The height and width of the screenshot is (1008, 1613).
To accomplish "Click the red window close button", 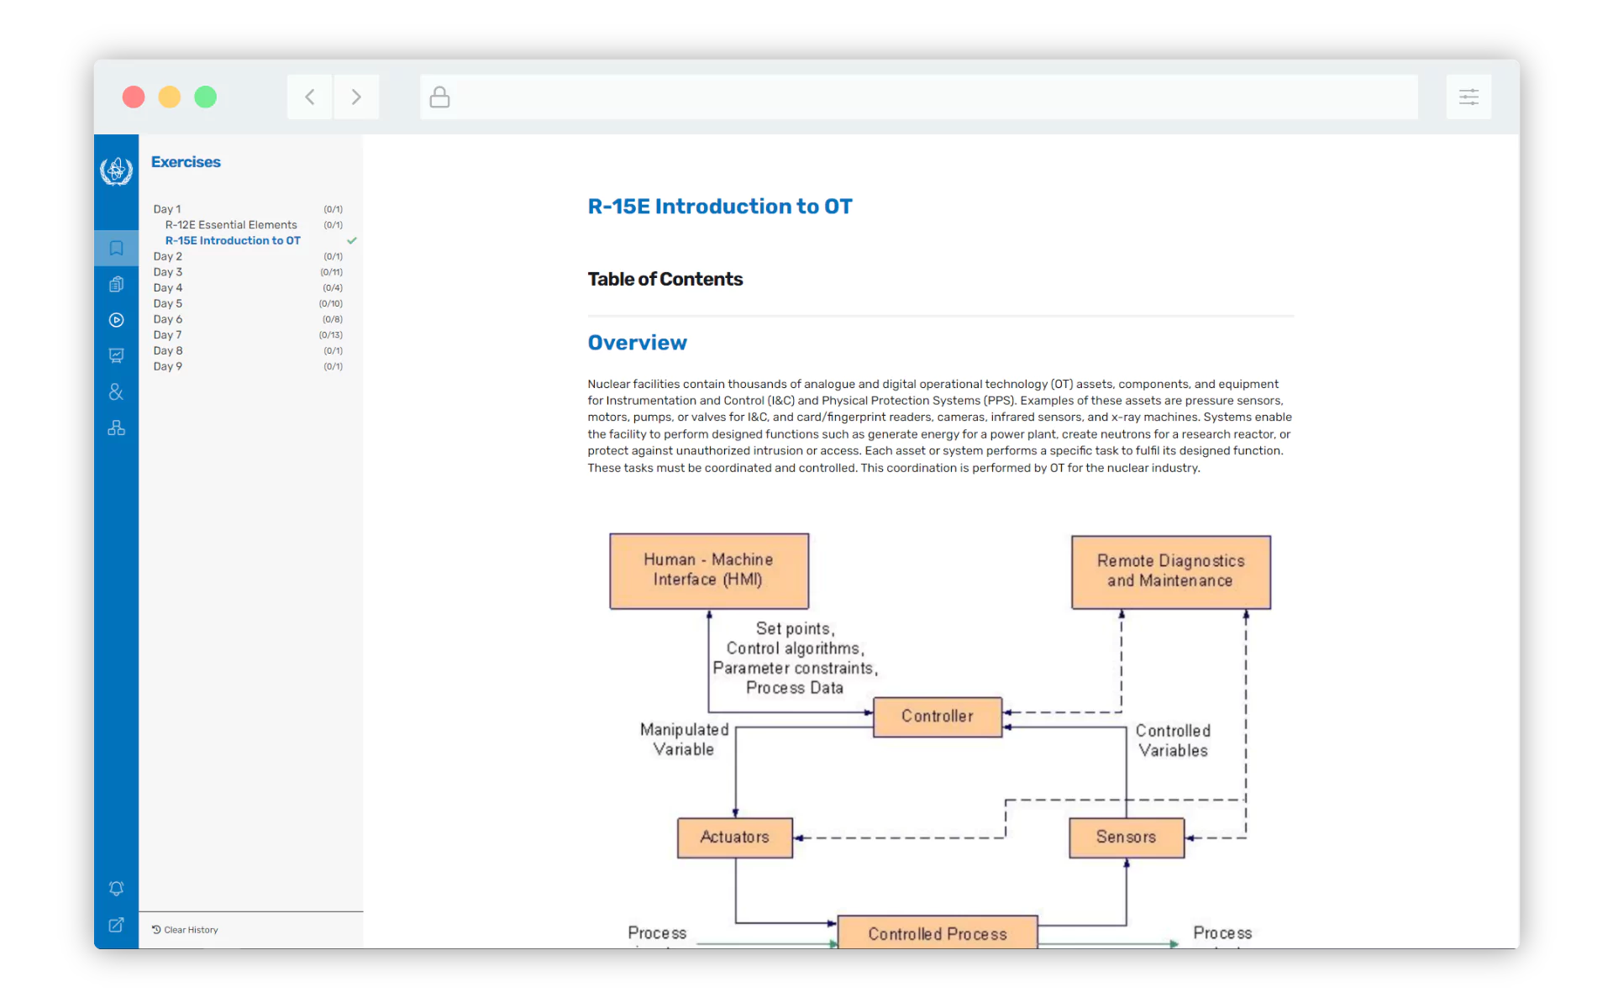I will coord(134,97).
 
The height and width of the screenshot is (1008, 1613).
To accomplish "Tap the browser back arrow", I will coord(310,97).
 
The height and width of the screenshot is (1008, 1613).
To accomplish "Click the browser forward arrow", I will coord(356,97).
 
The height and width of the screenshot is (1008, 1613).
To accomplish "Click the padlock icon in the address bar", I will coord(439,97).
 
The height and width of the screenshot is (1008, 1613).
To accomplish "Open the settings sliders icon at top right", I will coord(1469,97).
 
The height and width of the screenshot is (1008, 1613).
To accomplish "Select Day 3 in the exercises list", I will coord(168,272).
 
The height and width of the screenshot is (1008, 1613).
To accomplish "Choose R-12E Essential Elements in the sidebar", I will coord(231,225).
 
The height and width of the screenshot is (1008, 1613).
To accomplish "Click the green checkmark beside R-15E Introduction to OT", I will coord(352,241).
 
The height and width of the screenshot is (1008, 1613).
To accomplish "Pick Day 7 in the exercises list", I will coord(168,335).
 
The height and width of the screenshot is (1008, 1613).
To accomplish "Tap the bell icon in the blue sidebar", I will coord(117,889).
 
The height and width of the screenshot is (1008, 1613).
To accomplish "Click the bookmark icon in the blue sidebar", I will coord(117,248).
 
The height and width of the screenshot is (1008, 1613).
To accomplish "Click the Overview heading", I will coord(637,343).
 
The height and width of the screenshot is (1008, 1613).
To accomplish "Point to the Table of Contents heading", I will coord(665,280).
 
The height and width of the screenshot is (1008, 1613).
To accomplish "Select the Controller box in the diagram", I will coord(938,717).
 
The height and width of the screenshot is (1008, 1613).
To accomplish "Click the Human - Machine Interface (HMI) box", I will coord(709,570).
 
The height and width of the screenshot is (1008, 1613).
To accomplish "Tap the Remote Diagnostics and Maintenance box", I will coord(1170,572).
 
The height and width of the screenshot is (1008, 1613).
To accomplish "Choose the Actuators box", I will coord(735,837).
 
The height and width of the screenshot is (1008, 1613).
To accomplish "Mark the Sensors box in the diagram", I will coord(1126,837).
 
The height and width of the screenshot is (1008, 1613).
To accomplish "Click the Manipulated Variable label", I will coord(684,740).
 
